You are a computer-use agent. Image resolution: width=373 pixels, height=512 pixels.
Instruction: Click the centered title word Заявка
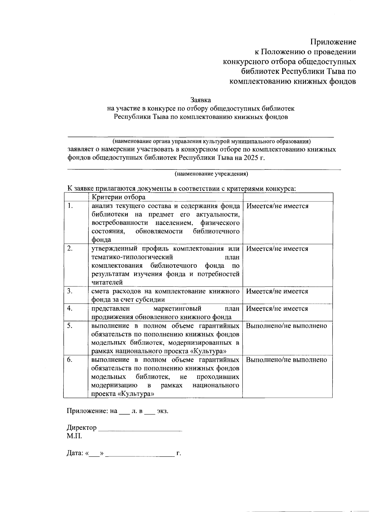point(200,100)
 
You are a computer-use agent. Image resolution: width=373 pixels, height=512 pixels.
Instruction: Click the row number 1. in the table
point(71,206)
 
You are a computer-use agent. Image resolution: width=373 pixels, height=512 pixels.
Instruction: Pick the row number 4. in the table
point(70,308)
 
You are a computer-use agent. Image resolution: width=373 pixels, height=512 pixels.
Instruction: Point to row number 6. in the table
point(70,360)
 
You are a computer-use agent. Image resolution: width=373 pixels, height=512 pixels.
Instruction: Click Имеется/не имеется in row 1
point(277,206)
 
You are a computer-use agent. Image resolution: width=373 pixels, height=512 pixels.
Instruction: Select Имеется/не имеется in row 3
point(277,291)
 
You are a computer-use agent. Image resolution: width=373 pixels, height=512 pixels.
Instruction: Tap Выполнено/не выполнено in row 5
point(286,326)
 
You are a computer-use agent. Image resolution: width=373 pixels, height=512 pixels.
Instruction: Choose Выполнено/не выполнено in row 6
point(286,360)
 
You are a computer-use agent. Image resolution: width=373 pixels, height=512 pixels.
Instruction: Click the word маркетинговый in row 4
point(177,309)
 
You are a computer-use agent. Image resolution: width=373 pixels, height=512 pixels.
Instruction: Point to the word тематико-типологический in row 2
point(132,257)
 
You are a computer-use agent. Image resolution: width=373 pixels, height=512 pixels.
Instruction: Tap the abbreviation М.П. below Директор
point(74,436)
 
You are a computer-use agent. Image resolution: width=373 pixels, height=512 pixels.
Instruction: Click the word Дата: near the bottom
point(75,453)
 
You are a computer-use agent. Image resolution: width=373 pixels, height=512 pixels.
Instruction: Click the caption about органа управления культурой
point(212,142)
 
